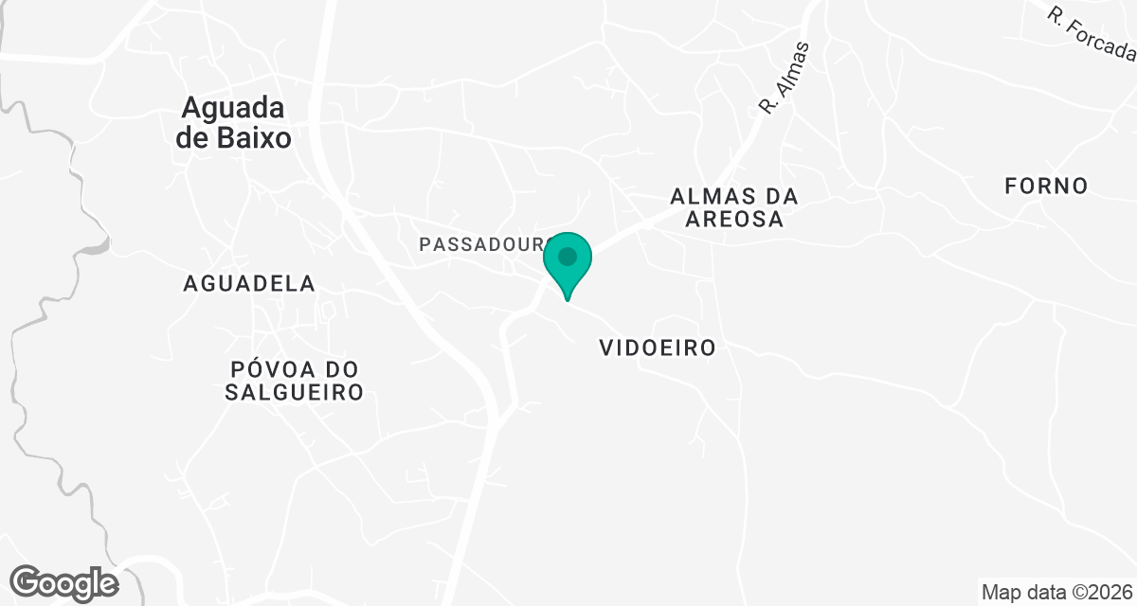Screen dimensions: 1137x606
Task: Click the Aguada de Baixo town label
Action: click(233, 122)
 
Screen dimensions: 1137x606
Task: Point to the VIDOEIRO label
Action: click(658, 348)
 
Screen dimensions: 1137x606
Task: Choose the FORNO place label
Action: click(1047, 186)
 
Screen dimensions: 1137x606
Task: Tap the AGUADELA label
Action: click(249, 283)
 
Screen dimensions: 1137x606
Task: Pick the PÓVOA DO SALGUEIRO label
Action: click(295, 381)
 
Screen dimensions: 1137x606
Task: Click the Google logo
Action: click(64, 582)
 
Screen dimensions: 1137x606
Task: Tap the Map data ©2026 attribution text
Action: click(1056, 592)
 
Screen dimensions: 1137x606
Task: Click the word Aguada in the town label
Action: click(233, 107)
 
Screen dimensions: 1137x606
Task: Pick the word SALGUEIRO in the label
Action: click(295, 392)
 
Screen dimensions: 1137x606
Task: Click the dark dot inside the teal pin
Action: click(568, 257)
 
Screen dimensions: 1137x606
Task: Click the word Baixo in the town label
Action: click(258, 138)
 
